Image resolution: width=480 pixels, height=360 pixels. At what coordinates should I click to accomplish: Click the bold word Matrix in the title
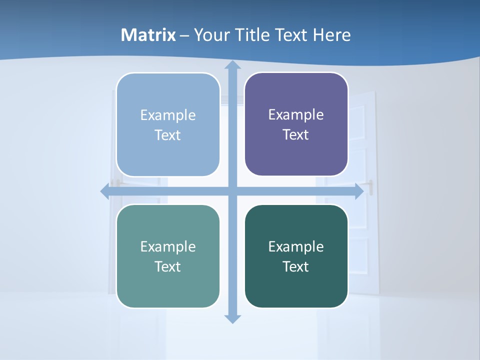(x=148, y=35)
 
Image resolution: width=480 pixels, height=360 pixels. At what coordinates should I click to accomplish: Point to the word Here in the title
(x=331, y=35)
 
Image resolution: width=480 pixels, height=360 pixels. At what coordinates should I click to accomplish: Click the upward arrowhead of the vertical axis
(x=232, y=65)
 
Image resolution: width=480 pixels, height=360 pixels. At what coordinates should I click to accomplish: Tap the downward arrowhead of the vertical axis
(x=232, y=318)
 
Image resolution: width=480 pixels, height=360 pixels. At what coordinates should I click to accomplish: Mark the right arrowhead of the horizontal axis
(x=358, y=191)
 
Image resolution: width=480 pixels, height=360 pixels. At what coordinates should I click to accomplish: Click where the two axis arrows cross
(x=232, y=191)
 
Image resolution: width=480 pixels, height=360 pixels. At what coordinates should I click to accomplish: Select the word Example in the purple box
(x=296, y=114)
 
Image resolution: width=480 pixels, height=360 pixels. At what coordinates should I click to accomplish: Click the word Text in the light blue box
(x=167, y=135)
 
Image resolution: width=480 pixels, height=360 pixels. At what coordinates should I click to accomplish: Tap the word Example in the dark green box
(x=296, y=246)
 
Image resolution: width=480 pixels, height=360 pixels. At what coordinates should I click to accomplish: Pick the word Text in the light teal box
(x=167, y=266)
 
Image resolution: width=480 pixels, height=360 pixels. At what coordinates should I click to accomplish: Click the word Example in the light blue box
(x=168, y=115)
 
